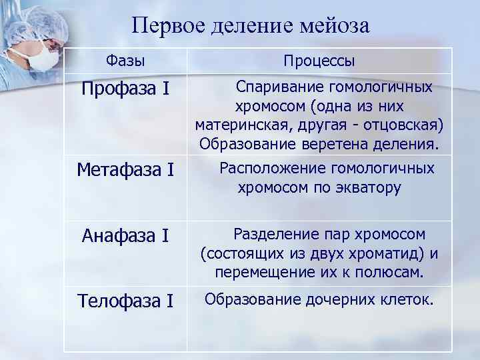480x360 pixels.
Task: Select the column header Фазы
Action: point(125,60)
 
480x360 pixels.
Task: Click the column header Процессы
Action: point(319,61)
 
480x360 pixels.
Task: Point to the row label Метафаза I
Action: point(125,171)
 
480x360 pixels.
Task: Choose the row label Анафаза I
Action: point(125,235)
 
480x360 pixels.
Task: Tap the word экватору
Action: point(368,188)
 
